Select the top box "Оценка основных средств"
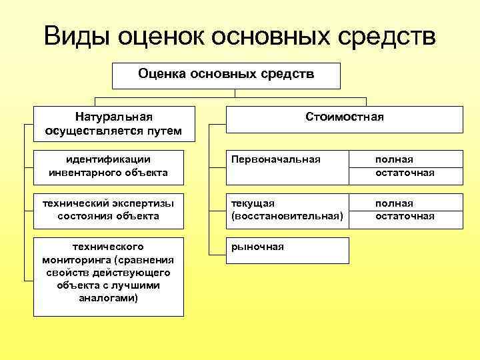click(226, 75)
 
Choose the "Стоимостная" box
click(344, 118)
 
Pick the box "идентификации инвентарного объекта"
click(108, 167)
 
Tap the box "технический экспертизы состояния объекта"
click(108, 209)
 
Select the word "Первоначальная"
click(275, 160)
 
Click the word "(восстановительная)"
click(287, 216)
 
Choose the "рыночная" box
click(287, 250)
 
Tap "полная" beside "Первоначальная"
click(394, 160)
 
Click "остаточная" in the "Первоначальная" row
click(405, 173)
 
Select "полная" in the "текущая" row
click(394, 203)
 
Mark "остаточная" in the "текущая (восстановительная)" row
click(405, 216)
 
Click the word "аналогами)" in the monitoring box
click(108, 297)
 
